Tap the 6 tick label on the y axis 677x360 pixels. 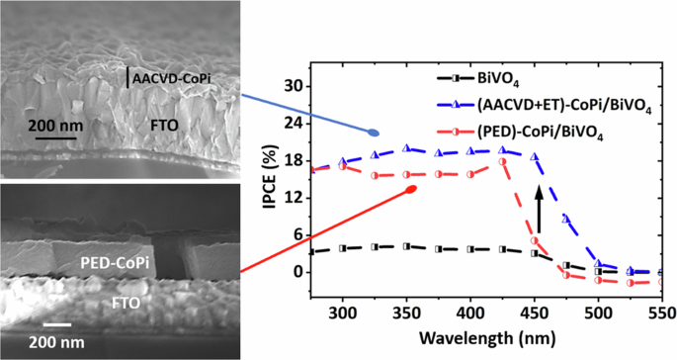coord(296,234)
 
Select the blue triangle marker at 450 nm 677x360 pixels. coord(535,157)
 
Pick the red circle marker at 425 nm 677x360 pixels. coord(502,161)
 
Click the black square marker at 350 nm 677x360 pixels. coord(406,246)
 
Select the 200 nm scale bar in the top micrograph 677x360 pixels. coord(55,136)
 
